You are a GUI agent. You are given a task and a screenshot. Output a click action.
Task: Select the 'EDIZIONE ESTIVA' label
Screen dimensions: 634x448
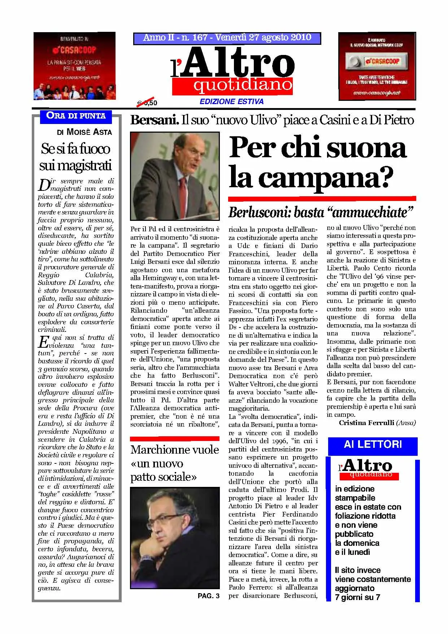[231, 102]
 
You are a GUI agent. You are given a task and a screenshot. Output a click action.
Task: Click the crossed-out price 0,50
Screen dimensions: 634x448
[147, 103]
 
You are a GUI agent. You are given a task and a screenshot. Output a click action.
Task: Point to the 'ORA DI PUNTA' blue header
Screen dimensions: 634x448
[76, 116]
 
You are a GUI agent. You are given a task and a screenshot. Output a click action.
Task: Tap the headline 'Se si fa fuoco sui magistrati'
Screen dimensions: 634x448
[76, 157]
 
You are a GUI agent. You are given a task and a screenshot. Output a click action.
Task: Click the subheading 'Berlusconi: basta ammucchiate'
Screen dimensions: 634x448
[320, 212]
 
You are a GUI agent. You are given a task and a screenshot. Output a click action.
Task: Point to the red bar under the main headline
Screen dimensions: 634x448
[322, 198]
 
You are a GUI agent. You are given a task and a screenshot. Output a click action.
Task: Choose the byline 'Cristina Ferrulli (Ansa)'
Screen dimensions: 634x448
[377, 423]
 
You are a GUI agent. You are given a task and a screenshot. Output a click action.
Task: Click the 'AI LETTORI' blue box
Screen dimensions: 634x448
[373, 444]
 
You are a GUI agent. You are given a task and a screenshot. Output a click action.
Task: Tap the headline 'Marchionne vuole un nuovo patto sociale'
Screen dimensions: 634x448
[175, 463]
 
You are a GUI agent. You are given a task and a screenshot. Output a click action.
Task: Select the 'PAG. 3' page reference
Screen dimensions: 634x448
[208, 596]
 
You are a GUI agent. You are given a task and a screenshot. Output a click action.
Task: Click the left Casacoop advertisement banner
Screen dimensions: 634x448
[74, 66]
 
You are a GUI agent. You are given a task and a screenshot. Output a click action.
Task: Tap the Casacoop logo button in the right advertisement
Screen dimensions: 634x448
[377, 61]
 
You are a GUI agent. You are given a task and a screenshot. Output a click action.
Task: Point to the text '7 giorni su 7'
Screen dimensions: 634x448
[357, 597]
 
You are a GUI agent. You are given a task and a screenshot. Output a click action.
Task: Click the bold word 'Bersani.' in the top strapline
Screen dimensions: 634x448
[155, 120]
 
